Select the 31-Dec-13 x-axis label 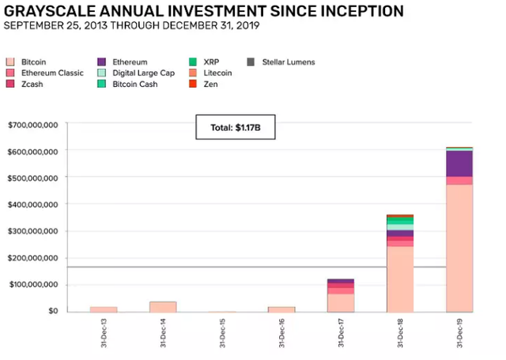(x=104, y=333)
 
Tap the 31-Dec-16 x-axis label (x=281, y=333)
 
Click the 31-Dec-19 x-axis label (x=459, y=333)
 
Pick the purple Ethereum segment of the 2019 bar (x=459, y=163)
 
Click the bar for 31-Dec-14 (x=163, y=307)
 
